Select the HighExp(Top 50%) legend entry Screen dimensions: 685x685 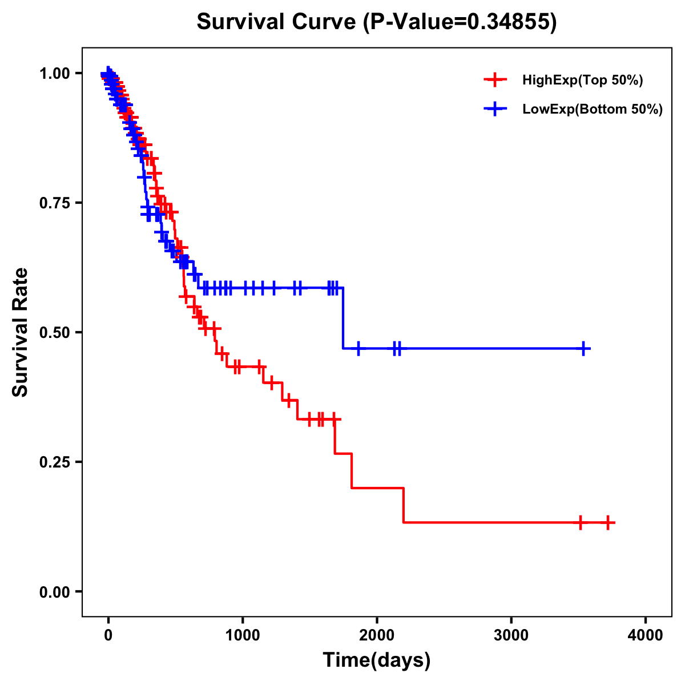[x=582, y=80]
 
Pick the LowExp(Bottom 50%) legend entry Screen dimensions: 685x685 [x=592, y=109]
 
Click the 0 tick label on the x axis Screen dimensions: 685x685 [x=108, y=635]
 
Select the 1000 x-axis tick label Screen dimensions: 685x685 [x=243, y=635]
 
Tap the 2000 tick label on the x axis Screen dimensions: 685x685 [x=377, y=635]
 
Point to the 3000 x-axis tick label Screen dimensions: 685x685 [x=511, y=635]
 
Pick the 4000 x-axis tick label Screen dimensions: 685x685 [x=646, y=635]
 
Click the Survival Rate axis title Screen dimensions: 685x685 [x=21, y=332]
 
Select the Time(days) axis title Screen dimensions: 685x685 [x=377, y=660]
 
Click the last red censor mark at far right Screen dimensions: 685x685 [x=609, y=522]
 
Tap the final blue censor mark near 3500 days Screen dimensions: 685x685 [x=584, y=348]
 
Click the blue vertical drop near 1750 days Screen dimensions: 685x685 [x=343, y=318]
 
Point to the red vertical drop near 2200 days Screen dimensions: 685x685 [x=404, y=505]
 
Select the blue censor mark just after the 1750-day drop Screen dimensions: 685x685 [x=358, y=348]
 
